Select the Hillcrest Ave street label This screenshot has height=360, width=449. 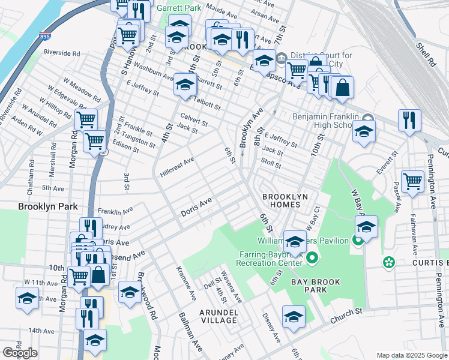point(176,167)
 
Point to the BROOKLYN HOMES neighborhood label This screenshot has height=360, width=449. point(285,200)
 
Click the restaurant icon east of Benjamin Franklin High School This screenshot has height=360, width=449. point(409,119)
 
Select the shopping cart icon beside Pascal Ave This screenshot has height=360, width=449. point(412,181)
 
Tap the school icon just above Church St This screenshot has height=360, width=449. point(294,316)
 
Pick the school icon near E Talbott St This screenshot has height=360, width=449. point(185,84)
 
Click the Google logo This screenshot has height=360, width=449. point(20,353)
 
